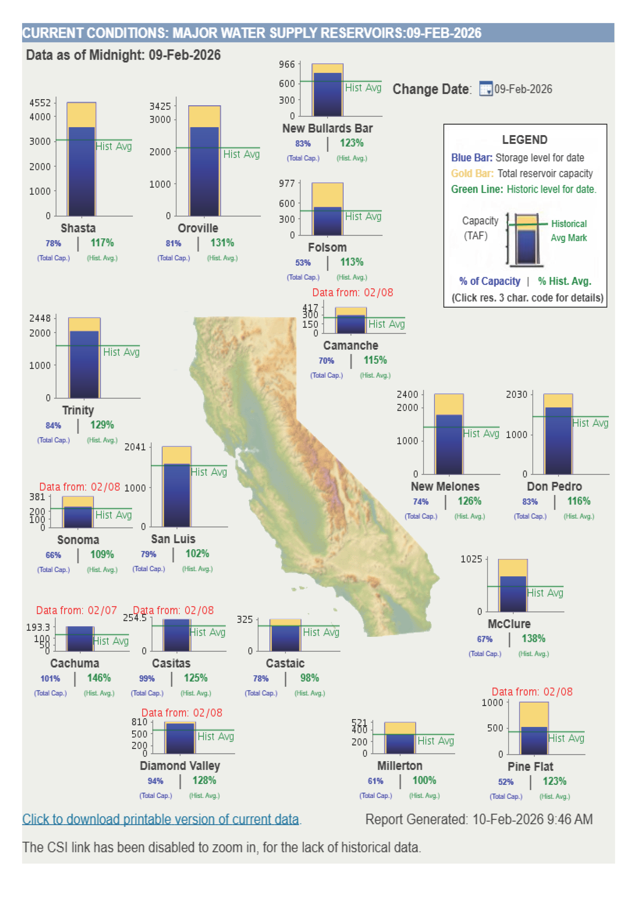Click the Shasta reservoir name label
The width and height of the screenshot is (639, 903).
click(x=78, y=228)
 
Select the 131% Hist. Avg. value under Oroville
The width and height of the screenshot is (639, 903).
click(x=222, y=243)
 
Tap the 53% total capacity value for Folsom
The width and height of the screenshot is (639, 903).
click(x=303, y=263)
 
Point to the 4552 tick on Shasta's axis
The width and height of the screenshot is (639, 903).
click(x=40, y=103)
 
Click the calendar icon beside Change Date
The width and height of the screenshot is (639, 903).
click(x=485, y=89)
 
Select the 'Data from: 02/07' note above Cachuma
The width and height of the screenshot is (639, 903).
click(x=76, y=610)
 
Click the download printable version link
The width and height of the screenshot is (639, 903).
click(x=160, y=819)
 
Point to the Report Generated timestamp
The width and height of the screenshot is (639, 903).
click(x=479, y=819)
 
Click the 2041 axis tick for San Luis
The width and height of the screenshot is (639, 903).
click(x=135, y=447)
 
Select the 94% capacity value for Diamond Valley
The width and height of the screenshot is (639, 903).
click(x=155, y=781)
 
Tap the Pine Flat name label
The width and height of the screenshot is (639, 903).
click(x=530, y=767)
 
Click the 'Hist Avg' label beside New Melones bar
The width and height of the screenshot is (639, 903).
click(x=481, y=433)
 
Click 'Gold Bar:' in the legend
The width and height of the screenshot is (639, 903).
click(x=472, y=173)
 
